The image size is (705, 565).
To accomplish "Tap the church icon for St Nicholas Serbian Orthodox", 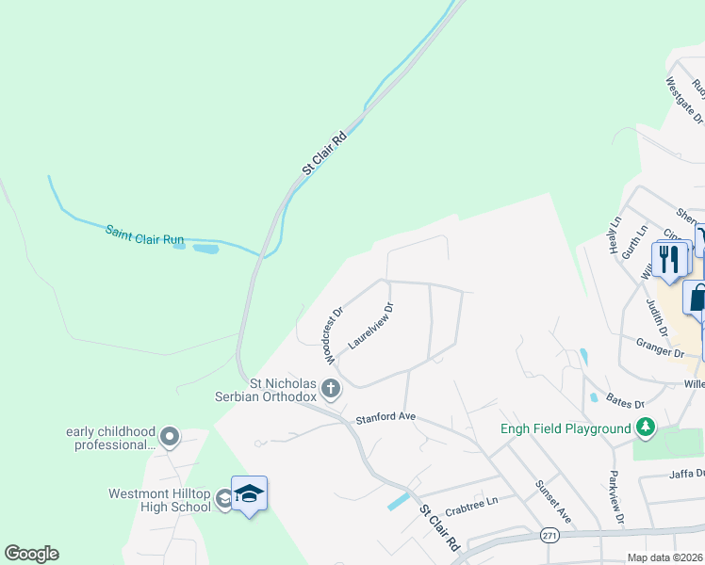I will tap(330, 387).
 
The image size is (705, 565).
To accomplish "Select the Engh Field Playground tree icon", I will tap(646, 429).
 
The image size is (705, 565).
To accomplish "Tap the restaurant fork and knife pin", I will tap(669, 259).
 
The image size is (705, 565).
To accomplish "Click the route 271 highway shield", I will tap(549, 535).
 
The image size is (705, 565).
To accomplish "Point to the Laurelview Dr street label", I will tap(370, 326).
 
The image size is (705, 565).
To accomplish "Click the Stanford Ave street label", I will tap(385, 417).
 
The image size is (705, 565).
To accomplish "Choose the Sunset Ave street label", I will tap(554, 504).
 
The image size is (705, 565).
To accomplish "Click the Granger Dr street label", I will tap(660, 349).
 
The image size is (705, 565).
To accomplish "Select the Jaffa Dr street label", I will tap(687, 475).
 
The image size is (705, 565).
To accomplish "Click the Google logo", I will tap(31, 554).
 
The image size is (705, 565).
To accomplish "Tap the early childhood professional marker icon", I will tap(170, 436).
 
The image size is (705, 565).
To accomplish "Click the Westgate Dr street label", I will tap(684, 100).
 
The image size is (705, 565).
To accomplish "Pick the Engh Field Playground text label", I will tap(565, 429).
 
